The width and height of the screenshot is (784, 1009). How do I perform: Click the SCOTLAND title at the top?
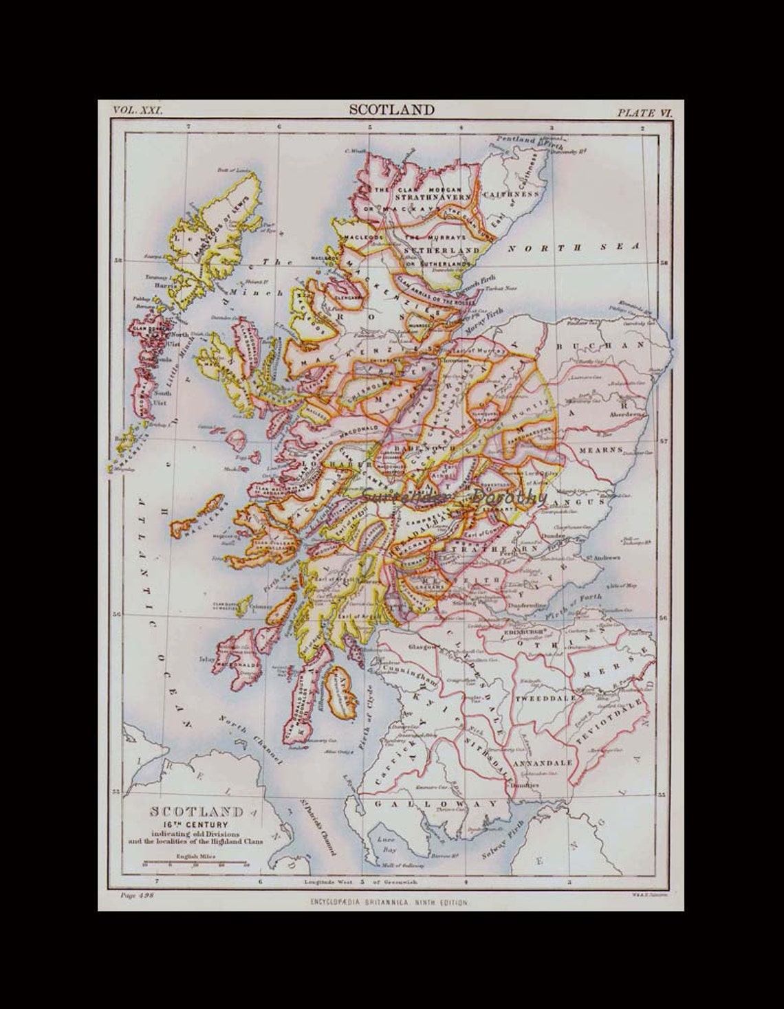391,109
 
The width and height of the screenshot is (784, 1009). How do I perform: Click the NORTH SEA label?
589,247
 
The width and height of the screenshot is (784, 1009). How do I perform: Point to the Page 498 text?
131,894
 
